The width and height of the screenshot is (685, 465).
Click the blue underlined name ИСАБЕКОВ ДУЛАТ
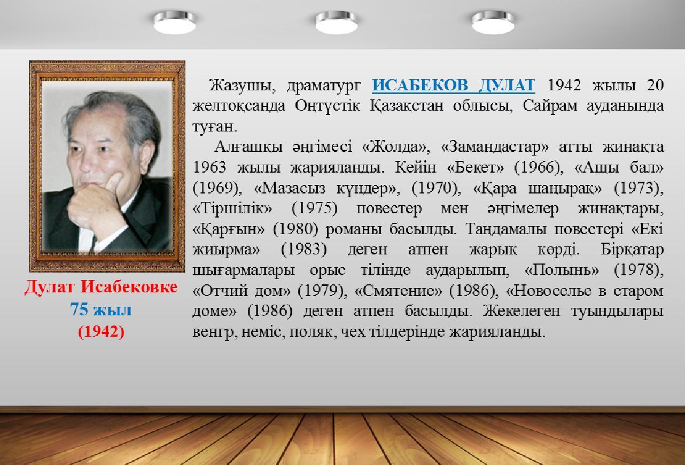click(453, 85)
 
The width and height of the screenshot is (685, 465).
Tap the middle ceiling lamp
click(337, 22)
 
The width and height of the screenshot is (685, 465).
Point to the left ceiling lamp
click(175, 22)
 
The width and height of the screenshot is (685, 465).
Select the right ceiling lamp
click(493, 22)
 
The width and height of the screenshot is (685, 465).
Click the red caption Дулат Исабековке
click(101, 287)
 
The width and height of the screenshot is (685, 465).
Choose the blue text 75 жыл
click(101, 309)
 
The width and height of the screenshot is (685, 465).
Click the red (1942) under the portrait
click(101, 331)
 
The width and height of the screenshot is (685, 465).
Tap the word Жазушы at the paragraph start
click(242, 86)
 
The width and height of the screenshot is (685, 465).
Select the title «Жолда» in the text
click(396, 147)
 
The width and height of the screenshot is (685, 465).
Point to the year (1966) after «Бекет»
click(539, 168)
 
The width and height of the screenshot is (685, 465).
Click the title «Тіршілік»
click(232, 208)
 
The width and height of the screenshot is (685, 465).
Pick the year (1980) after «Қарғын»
click(295, 229)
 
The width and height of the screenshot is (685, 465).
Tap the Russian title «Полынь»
click(562, 270)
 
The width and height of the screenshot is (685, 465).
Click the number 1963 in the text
click(209, 168)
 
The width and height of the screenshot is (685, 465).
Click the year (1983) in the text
click(304, 250)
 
